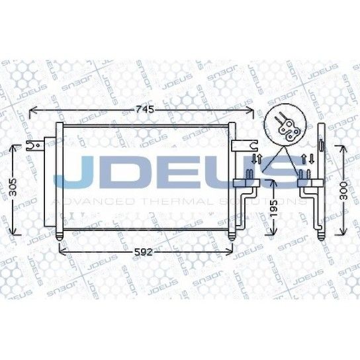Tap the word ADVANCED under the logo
(x=88, y=200)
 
